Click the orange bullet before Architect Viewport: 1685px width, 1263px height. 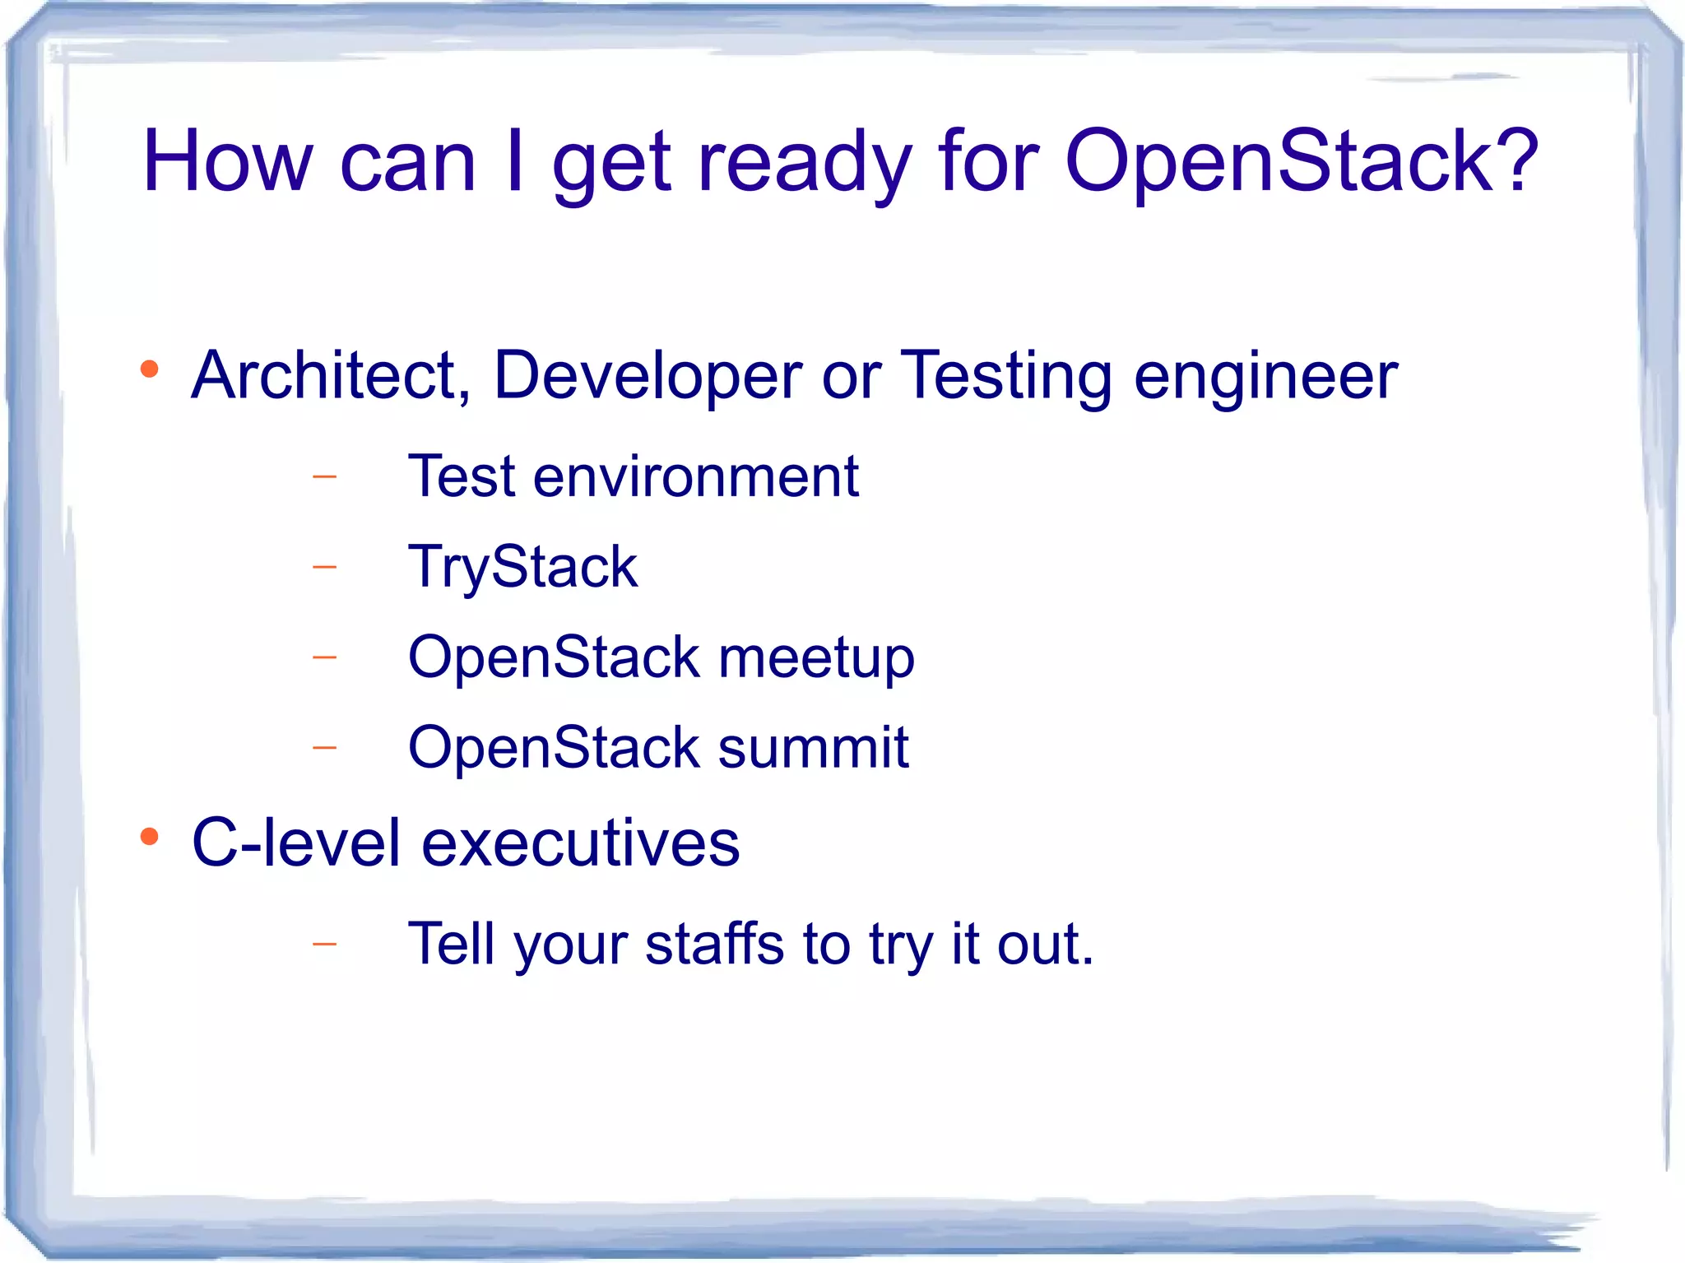point(149,369)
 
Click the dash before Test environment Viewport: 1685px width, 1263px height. point(325,476)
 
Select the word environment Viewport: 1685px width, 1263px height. point(695,476)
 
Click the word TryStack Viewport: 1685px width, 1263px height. point(522,568)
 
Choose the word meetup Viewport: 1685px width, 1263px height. point(816,659)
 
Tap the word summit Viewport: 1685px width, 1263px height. point(813,748)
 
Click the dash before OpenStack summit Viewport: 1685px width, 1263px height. point(325,748)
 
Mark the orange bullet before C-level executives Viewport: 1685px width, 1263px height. point(149,837)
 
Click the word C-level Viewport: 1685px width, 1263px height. point(295,843)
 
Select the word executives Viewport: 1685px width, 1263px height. point(581,843)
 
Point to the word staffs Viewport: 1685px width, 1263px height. point(714,944)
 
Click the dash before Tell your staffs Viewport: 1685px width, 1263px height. point(325,944)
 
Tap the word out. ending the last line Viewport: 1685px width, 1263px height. point(1045,944)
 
